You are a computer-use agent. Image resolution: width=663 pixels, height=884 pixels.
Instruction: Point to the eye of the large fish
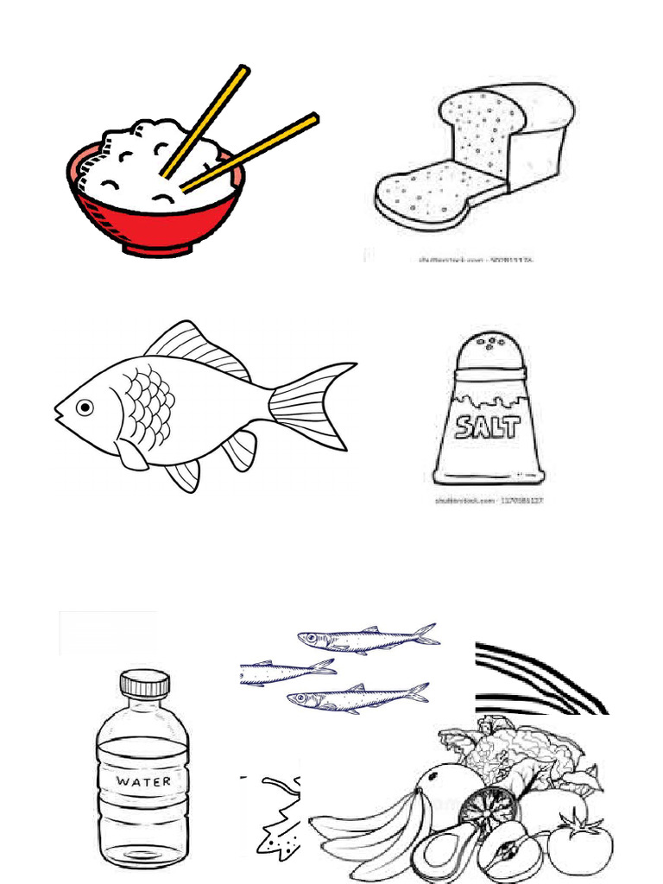pyautogui.click(x=85, y=407)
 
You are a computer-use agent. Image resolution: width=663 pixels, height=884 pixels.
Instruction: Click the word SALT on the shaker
pyautogui.click(x=489, y=426)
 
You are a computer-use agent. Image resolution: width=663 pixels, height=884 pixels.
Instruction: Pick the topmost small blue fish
pyautogui.click(x=367, y=639)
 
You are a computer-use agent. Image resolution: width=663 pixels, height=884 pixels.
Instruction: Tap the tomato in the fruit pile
pyautogui.click(x=580, y=846)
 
